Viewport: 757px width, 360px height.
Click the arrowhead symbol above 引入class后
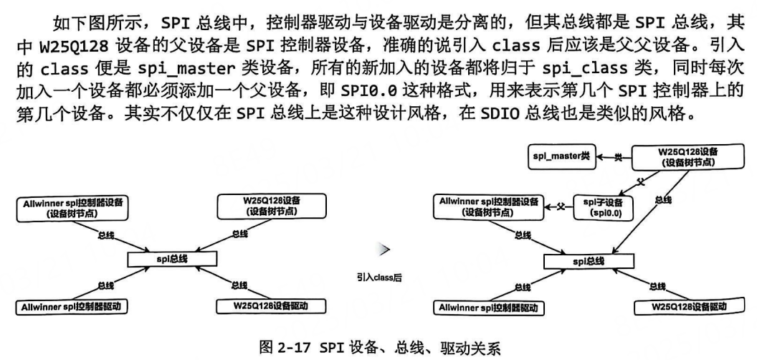pyautogui.click(x=384, y=249)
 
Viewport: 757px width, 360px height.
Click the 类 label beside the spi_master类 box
pyautogui.click(x=617, y=156)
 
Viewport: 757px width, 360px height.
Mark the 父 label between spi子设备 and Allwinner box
pyautogui.click(x=561, y=208)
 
